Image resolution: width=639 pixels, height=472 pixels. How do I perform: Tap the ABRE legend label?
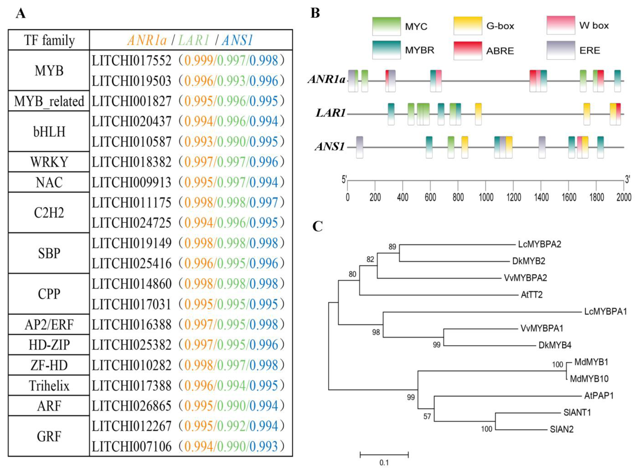tap(500, 51)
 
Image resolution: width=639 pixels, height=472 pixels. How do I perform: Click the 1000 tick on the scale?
tap(486, 197)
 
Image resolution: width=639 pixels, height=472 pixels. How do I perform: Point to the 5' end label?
tap(344, 179)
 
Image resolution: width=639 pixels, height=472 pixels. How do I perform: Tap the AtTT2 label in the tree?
tap(531, 295)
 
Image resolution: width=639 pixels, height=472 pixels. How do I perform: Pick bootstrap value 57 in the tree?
tap(427, 416)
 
